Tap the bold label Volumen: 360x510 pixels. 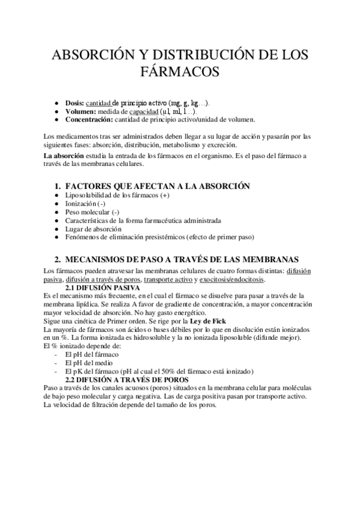pyautogui.click(x=81, y=111)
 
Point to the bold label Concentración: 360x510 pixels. pyautogui.click(x=90, y=119)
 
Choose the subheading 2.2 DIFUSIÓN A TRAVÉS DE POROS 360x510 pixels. pyautogui.click(x=126, y=380)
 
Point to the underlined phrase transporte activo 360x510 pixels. pyautogui.click(x=168, y=279)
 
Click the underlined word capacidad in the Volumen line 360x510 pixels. pyautogui.click(x=147, y=111)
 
